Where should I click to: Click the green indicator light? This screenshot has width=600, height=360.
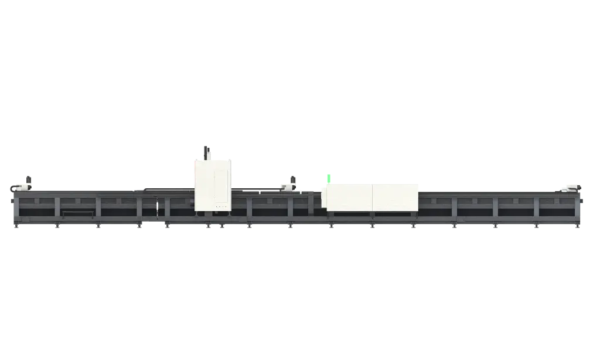pos(330,178)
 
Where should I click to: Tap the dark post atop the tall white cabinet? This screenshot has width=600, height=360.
pos(204,151)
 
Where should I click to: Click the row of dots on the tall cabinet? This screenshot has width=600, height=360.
pos(221,206)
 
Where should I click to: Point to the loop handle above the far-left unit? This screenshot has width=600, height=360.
pos(27,177)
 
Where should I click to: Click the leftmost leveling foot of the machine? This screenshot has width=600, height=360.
pos(16,226)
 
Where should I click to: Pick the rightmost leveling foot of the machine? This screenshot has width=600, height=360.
pos(578,226)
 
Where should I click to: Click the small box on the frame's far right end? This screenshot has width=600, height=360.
pos(583,201)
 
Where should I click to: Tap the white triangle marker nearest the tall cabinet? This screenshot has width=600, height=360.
pos(260,192)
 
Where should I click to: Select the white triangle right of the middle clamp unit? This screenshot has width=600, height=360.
pos(301,191)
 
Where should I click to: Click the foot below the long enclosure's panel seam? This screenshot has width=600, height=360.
pos(371,226)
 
